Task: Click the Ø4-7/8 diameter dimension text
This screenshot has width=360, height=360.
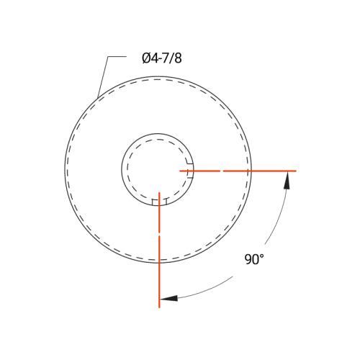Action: coord(162,58)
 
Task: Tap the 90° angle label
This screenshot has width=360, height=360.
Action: coord(253,260)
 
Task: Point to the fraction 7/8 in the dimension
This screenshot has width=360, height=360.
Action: coord(173,58)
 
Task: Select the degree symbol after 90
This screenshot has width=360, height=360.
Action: coord(261,256)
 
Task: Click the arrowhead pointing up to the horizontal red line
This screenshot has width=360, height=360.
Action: coord(287,180)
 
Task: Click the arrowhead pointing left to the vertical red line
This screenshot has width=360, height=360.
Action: coord(168,298)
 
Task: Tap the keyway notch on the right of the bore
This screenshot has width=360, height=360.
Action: coord(190,171)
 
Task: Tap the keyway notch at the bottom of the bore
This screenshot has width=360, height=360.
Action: coord(159,202)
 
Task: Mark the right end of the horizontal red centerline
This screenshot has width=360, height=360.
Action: coord(295,171)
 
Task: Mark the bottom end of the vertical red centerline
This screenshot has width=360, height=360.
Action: coord(159,307)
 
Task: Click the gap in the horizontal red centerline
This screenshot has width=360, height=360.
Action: coord(222,171)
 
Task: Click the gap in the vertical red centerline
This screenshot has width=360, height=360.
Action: coord(159,234)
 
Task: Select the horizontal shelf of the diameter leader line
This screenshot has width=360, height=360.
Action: coord(117,57)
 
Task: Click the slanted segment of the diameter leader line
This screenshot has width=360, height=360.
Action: coord(103,77)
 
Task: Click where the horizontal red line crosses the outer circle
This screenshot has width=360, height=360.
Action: coord(251,171)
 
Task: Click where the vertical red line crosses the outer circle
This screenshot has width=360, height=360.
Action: coord(159,263)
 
